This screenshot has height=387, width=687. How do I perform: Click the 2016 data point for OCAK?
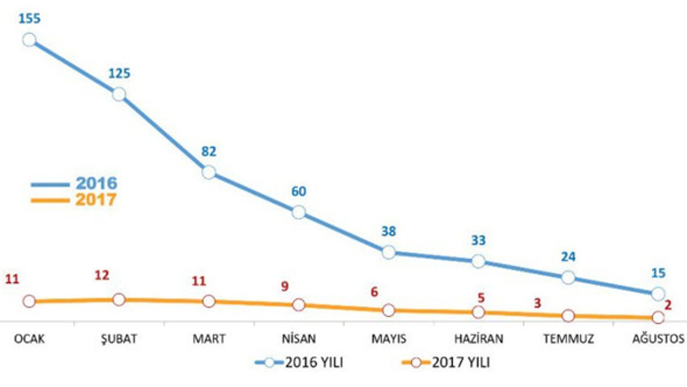click(x=30, y=40)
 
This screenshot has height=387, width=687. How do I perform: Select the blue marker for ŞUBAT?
click(x=119, y=95)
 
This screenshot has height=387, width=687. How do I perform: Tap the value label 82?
click(x=209, y=152)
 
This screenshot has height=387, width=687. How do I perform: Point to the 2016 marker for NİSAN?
click(x=299, y=212)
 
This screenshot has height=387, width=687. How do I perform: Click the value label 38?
click(x=389, y=232)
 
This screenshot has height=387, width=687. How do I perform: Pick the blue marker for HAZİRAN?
click(x=478, y=262)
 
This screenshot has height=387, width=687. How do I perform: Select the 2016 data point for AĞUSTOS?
click(x=658, y=293)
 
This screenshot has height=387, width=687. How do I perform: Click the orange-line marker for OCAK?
click(x=30, y=302)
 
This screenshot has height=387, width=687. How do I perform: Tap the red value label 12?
click(x=102, y=276)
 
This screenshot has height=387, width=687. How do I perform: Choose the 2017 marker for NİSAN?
click(x=299, y=305)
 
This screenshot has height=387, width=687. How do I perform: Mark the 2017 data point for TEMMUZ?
click(x=568, y=316)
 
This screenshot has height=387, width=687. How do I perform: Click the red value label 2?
click(x=668, y=305)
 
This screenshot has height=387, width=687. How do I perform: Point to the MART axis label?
click(x=209, y=339)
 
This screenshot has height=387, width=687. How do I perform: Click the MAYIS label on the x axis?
click(x=389, y=339)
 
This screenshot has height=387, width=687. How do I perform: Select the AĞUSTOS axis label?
click(x=658, y=339)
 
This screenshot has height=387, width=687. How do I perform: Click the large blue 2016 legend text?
click(x=96, y=183)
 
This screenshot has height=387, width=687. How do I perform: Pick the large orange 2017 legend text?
click(x=96, y=200)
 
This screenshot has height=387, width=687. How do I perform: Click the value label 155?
click(x=30, y=19)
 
